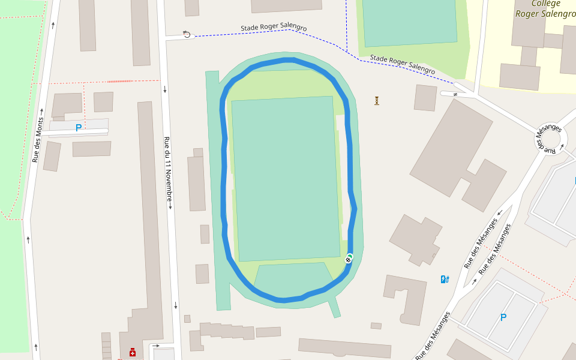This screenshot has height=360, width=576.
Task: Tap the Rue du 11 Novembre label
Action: [169, 173]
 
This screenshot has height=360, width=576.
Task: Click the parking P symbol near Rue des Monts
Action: [78, 128]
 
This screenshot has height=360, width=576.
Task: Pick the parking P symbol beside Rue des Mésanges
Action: [503, 317]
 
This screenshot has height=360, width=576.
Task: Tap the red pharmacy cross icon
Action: [132, 352]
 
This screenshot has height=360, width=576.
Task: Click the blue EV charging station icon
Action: [445, 279]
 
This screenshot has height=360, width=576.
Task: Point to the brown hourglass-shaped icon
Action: [377, 100]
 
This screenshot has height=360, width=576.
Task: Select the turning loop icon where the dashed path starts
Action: [187, 34]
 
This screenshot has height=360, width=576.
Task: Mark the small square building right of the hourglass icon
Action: [425, 98]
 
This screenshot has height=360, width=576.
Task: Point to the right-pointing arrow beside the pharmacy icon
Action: [157, 346]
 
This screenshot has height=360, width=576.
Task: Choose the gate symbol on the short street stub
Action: [455, 94]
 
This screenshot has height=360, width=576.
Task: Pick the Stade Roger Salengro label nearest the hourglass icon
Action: [402, 65]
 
